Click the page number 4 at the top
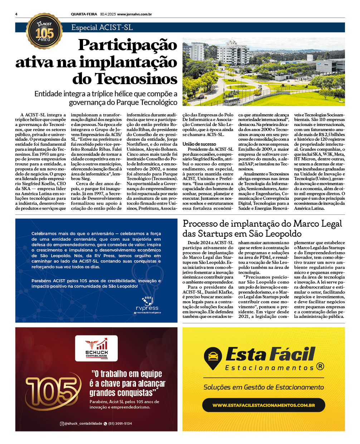click(x=16, y=14)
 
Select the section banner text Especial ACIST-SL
click(x=102, y=28)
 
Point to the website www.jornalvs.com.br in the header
click(x=135, y=14)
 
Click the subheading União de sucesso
click(x=199, y=144)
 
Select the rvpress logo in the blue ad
click(x=147, y=305)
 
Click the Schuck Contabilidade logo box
click(x=96, y=347)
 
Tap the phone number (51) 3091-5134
click(x=120, y=424)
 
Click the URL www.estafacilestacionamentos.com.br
click(x=263, y=405)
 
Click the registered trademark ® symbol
click(x=320, y=366)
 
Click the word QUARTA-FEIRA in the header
click(x=84, y=14)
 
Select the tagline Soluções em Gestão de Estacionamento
click(x=263, y=387)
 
